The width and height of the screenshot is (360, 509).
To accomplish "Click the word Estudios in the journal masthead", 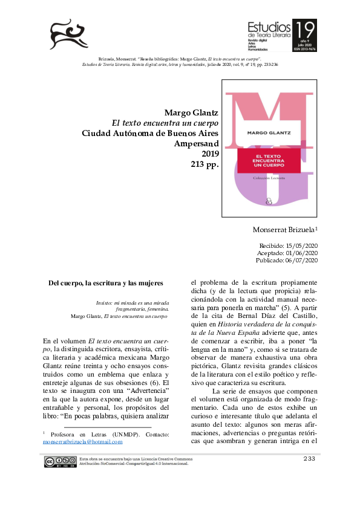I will pyautogui.click(x=269, y=27).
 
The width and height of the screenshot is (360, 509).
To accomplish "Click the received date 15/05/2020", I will pyautogui.click(x=298, y=245).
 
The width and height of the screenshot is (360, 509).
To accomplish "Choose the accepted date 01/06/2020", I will pyautogui.click(x=298, y=253).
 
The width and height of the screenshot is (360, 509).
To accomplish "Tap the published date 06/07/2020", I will pyautogui.click(x=298, y=261).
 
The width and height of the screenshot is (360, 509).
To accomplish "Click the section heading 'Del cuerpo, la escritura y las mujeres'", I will pyautogui.click(x=106, y=282).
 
